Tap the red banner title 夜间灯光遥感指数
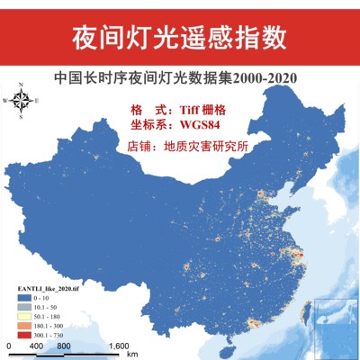(x=179, y=36)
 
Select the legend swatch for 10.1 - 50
(x=19, y=307)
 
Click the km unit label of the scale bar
(x=132, y=354)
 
